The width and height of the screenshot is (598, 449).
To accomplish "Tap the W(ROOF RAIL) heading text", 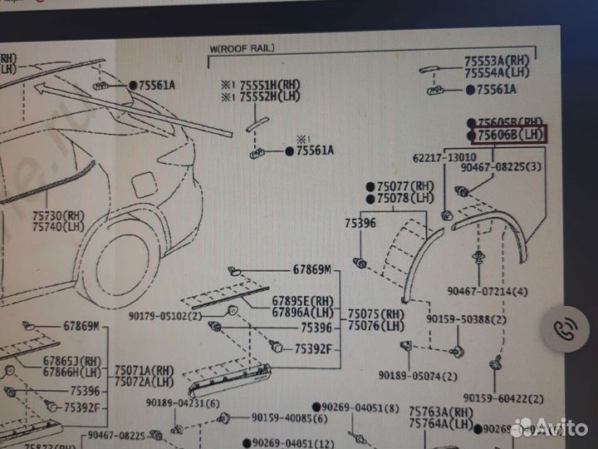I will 242,49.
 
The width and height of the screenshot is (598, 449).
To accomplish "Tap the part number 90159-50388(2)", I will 467,318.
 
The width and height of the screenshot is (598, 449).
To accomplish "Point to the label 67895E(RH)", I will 301,300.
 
